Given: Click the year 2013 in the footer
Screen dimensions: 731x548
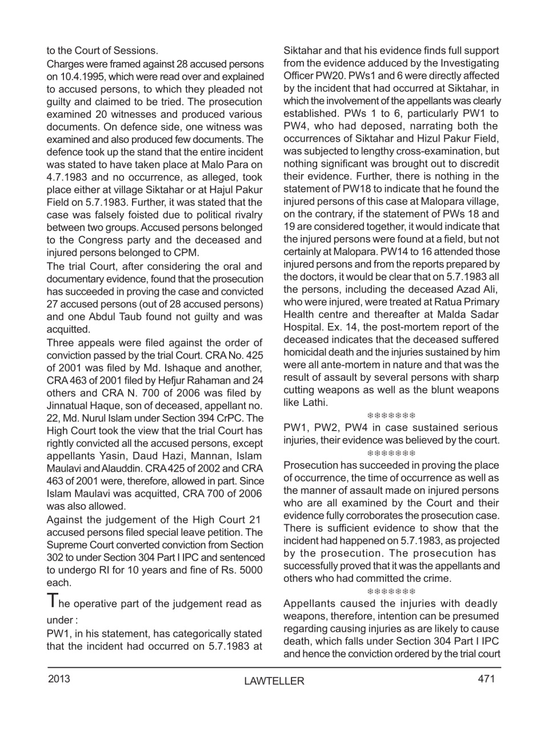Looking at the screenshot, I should pos(59,679).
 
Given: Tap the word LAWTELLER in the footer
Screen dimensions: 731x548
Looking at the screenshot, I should pos(274,681).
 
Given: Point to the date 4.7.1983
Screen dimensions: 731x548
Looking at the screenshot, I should pos(69,177).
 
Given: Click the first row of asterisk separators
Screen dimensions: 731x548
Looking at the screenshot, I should pos(391,415).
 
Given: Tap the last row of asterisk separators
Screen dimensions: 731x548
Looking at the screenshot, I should pos(391,591).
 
